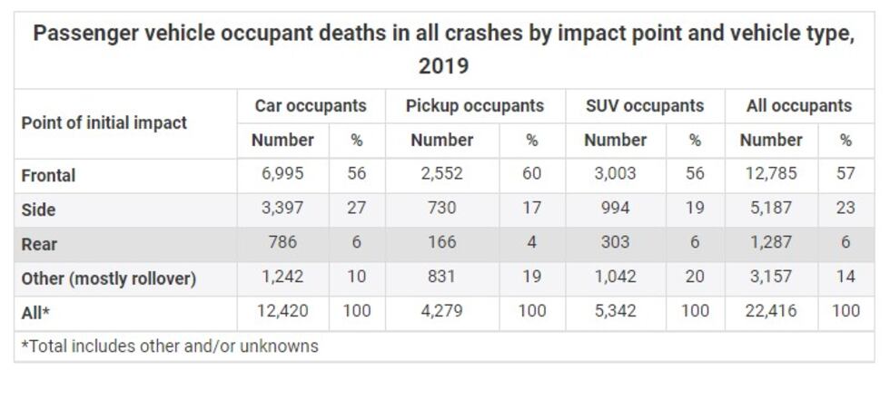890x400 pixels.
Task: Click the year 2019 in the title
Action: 443,66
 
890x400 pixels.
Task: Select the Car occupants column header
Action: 311,106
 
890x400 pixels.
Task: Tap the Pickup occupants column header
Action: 474,106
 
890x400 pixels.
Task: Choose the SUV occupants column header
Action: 645,106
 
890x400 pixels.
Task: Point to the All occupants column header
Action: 799,106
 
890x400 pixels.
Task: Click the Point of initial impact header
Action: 104,122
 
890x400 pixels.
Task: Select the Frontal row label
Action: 49,175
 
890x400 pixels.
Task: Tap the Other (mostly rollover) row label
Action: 109,278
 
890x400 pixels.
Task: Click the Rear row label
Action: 39,244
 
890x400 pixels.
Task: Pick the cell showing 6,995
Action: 282,174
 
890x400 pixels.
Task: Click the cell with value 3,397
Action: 282,209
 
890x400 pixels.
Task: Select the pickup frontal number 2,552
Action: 441,174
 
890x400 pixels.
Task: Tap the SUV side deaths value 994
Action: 615,209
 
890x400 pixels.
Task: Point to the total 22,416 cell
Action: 771,312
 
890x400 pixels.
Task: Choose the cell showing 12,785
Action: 771,174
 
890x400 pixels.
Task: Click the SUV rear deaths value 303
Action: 615,243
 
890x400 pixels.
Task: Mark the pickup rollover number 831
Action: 441,278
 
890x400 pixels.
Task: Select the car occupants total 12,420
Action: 282,312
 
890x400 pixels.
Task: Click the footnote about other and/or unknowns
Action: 170,346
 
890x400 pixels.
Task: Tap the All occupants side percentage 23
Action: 845,209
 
